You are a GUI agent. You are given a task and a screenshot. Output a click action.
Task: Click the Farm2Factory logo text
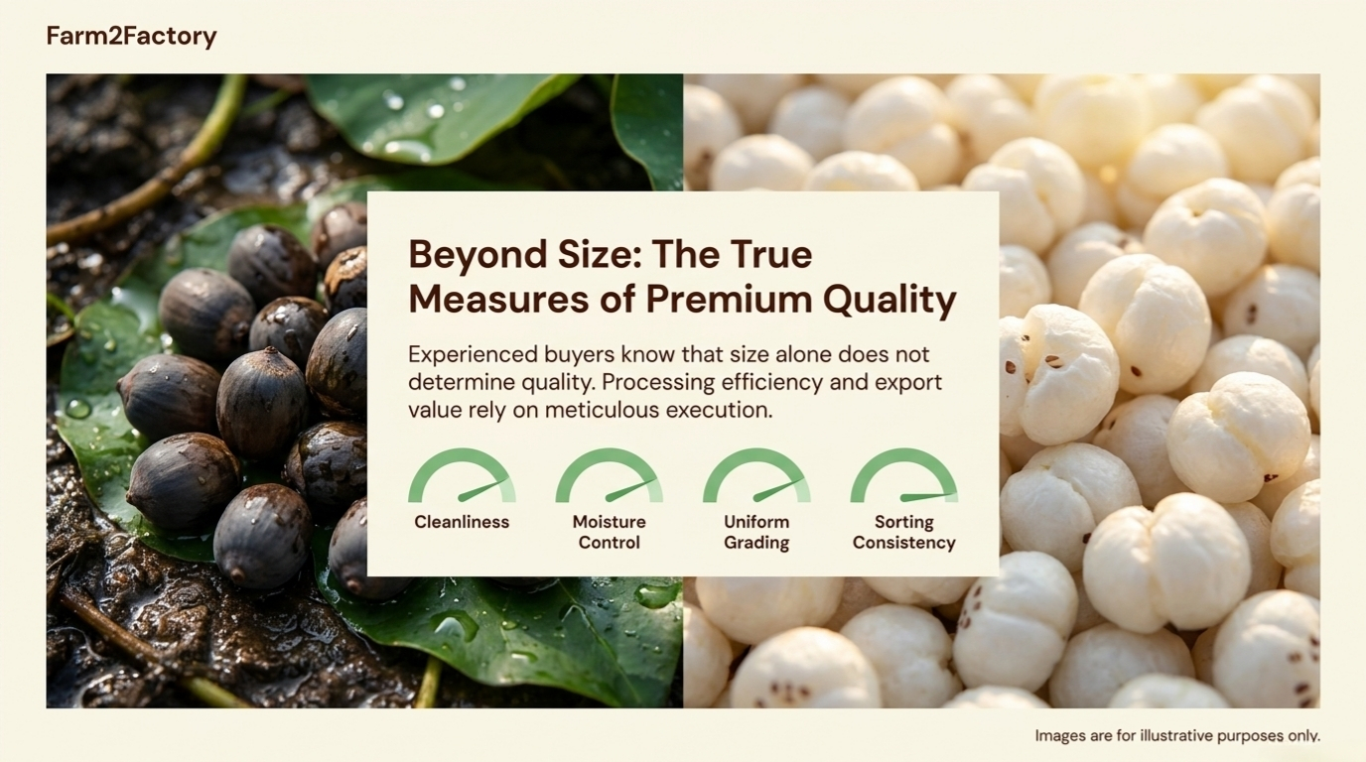click(x=131, y=37)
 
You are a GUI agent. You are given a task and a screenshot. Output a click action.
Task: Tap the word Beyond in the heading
click(x=478, y=255)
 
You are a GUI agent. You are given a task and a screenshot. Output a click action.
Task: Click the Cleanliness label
click(x=462, y=522)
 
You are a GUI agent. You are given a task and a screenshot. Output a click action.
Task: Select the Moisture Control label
click(x=610, y=532)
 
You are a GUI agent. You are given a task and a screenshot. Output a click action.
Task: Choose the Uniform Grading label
click(x=756, y=532)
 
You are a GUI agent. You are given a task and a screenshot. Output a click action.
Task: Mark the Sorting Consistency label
click(x=904, y=532)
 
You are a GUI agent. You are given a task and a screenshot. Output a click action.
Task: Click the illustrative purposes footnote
click(x=1177, y=736)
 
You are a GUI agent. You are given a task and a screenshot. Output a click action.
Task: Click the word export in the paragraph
click(x=908, y=383)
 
